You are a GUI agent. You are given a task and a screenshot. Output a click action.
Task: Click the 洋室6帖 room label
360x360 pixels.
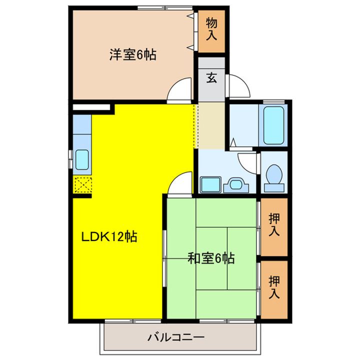click(133, 54)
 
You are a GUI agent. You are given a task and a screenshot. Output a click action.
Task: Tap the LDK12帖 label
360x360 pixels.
click(109, 235)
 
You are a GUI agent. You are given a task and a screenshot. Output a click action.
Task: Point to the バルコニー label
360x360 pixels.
click(175, 337)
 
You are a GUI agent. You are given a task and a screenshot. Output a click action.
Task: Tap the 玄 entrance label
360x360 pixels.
click(212, 78)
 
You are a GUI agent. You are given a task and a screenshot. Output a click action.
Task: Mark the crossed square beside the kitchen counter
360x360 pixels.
click(81, 185)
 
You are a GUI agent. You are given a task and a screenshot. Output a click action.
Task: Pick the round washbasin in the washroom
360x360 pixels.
click(234, 184)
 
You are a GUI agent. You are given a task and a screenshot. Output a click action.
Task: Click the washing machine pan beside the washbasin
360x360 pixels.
click(210, 184)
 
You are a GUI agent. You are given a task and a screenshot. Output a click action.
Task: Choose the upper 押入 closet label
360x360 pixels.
click(273, 225)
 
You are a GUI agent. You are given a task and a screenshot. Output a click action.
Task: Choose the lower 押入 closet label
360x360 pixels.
click(273, 287)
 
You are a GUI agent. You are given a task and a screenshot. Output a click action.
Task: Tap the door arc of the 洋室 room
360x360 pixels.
click(180, 89)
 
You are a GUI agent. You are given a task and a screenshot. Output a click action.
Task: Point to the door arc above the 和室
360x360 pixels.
click(180, 182)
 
